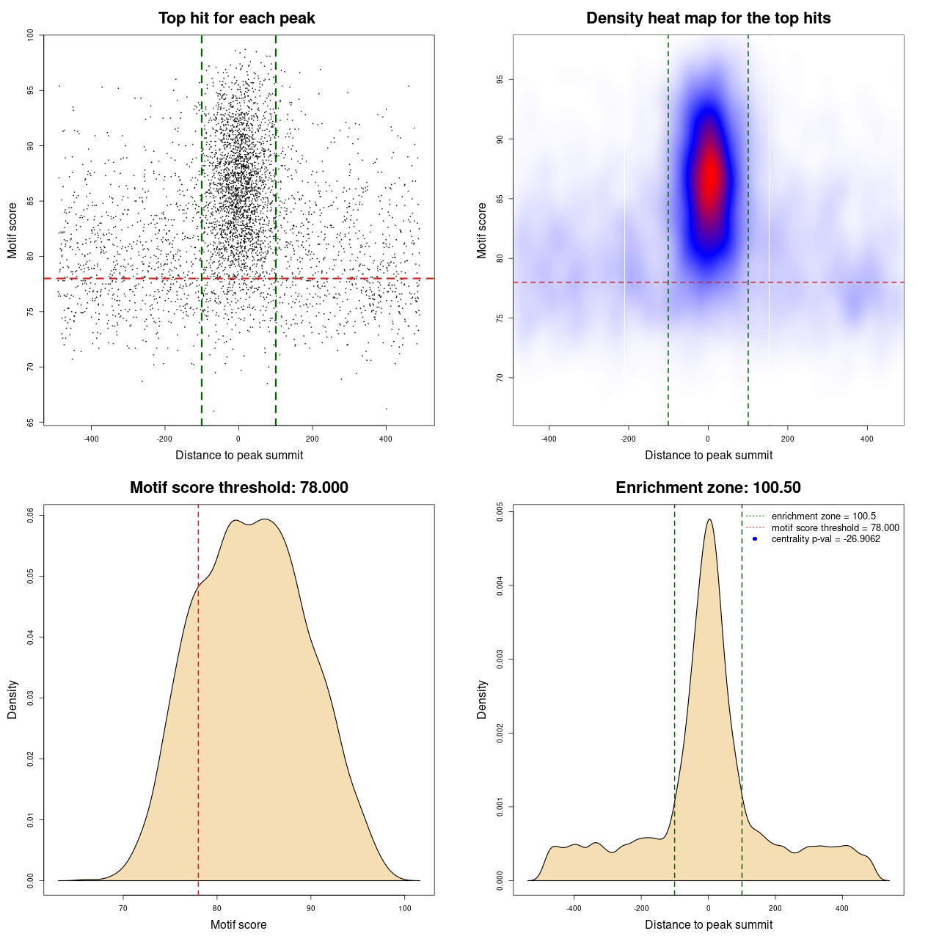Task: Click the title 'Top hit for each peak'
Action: point(237,18)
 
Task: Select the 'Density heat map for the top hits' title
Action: point(708,18)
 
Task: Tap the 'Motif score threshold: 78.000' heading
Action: point(238,488)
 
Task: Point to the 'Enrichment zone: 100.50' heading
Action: point(708,488)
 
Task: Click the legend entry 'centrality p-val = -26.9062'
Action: point(825,539)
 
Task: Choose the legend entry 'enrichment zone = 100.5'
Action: point(823,516)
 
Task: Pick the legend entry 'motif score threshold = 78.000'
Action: point(835,527)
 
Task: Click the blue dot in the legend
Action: point(755,539)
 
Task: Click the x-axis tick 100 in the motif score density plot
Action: point(405,908)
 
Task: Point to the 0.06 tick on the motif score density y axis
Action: point(31,516)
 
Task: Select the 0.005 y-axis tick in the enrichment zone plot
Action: point(500,511)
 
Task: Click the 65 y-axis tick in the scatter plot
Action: point(30,423)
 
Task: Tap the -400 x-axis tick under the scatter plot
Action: point(91,439)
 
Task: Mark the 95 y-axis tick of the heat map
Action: point(500,79)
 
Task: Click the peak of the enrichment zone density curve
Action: point(709,520)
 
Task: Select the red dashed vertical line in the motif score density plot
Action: point(198,697)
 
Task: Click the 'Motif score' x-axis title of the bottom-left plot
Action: point(238,924)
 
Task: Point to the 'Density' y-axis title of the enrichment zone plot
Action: point(482,699)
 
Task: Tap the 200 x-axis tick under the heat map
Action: point(787,439)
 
